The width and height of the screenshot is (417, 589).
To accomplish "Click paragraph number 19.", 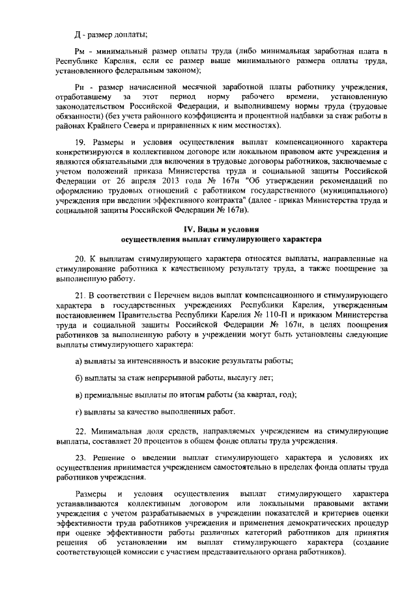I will (x=80, y=142).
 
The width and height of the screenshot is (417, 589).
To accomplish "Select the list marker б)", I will (x=78, y=377).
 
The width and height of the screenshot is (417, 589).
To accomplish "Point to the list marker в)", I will (x=78, y=394).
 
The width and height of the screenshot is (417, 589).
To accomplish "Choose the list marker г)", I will (x=78, y=411).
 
